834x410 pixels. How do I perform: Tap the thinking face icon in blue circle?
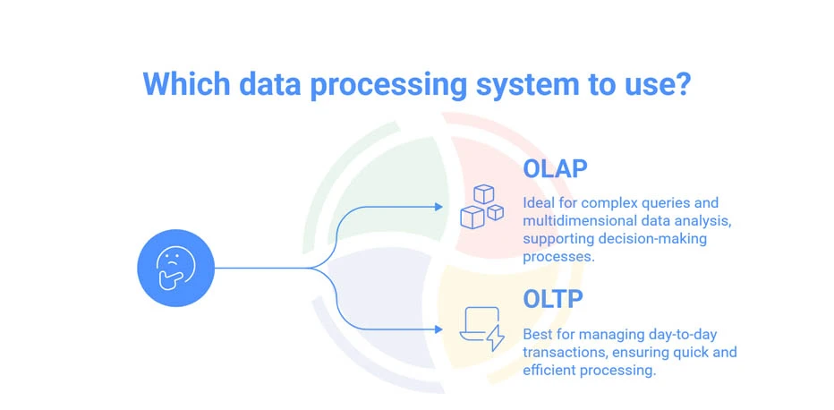(x=175, y=268)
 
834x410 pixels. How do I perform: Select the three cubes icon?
(x=482, y=206)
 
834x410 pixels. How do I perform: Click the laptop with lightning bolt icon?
(x=481, y=328)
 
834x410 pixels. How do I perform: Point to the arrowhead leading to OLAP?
(x=438, y=207)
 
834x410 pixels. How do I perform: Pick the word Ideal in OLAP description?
(x=540, y=203)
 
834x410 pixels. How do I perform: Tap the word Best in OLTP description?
(x=539, y=334)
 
